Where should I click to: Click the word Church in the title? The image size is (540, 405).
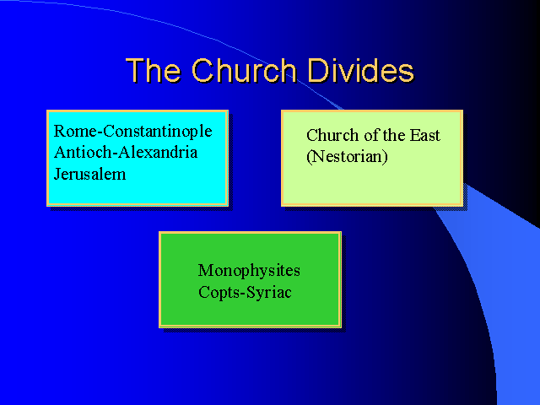click(x=244, y=70)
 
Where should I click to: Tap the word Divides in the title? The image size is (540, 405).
click(x=360, y=70)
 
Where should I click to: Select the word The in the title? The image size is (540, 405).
click(x=154, y=70)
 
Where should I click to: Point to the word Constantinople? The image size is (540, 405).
click(x=158, y=132)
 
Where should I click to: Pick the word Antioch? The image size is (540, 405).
click(x=83, y=152)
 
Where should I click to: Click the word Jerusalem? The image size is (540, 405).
click(x=89, y=174)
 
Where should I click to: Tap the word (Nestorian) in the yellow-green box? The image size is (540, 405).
click(x=347, y=157)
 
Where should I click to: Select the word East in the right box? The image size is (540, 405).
click(x=424, y=135)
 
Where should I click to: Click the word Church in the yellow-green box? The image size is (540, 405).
click(x=332, y=135)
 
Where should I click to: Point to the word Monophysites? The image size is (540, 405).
click(x=249, y=271)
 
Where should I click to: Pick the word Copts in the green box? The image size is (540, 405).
click(x=219, y=293)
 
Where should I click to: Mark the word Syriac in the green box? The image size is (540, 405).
click(x=268, y=293)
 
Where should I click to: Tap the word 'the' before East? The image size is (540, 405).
click(x=394, y=135)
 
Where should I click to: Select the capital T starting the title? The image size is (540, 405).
click(x=135, y=71)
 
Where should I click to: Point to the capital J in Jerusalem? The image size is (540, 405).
click(x=58, y=175)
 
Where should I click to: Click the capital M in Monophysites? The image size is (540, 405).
click(x=206, y=270)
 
